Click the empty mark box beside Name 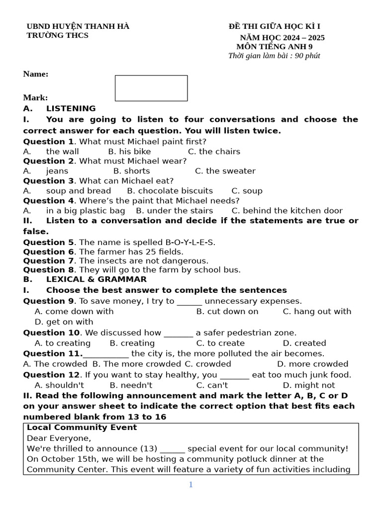click(x=151, y=88)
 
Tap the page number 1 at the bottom click(x=191, y=485)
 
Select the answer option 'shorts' click(x=132, y=171)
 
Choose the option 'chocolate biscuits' click(x=170, y=191)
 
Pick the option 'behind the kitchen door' click(x=287, y=211)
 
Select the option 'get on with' click(x=64, y=322)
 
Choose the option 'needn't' click(x=131, y=385)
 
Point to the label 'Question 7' click(x=48, y=261)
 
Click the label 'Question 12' click(x=51, y=375)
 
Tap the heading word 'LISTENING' click(x=71, y=108)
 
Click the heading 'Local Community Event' click(x=82, y=427)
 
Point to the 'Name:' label click(x=36, y=74)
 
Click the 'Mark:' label click(x=35, y=98)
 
